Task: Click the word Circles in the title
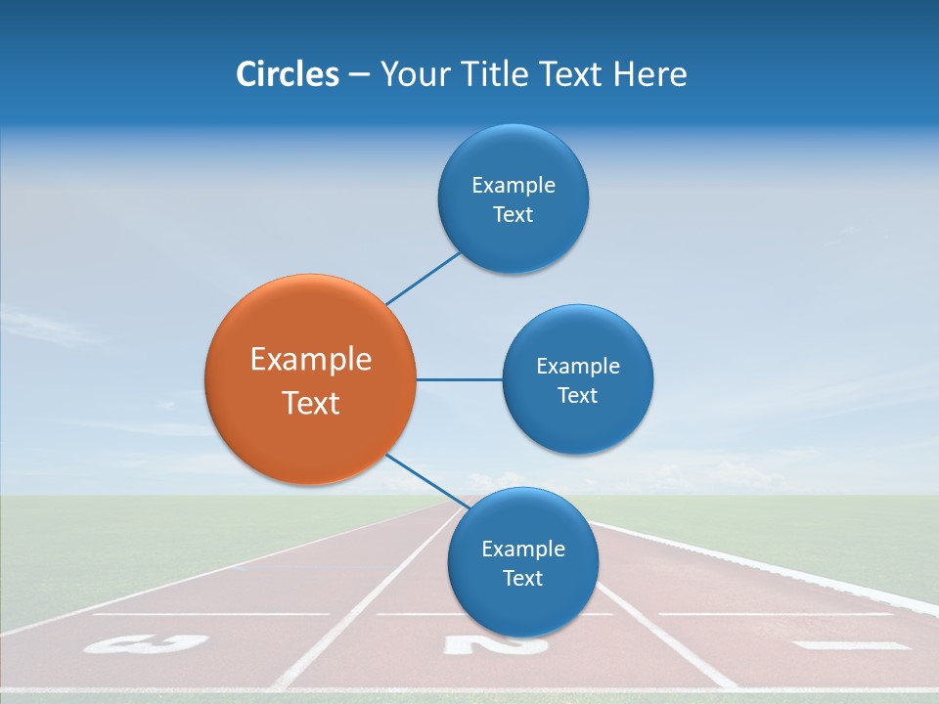(x=287, y=74)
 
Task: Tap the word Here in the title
(x=649, y=74)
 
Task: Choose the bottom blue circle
(x=522, y=606)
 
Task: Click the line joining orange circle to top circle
(x=423, y=278)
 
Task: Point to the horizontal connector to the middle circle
(x=459, y=379)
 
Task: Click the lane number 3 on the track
(x=147, y=643)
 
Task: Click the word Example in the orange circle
(x=311, y=360)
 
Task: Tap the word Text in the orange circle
(x=311, y=403)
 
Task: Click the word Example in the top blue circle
(x=514, y=185)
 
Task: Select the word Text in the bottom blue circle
(x=522, y=578)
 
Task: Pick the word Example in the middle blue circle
(x=578, y=366)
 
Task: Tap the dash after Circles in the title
(x=358, y=75)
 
